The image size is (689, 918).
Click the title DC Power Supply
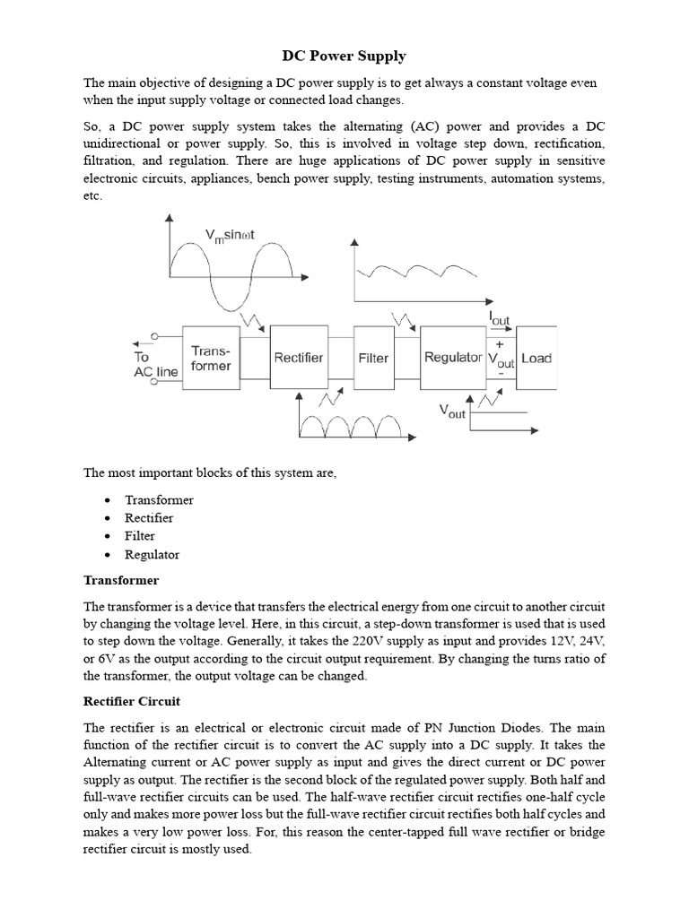[x=344, y=56]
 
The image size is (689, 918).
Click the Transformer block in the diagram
[x=211, y=358]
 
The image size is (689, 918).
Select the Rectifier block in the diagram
[x=299, y=358]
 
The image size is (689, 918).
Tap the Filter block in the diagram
[x=373, y=358]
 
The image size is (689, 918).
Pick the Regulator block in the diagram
[x=452, y=358]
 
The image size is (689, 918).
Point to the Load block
[x=536, y=358]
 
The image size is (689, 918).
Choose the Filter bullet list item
[x=140, y=536]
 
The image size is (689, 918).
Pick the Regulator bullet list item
[x=153, y=555]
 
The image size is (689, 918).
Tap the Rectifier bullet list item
[x=150, y=518]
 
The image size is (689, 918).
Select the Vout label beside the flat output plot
[x=452, y=411]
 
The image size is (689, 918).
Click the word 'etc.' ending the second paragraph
[x=92, y=196]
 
